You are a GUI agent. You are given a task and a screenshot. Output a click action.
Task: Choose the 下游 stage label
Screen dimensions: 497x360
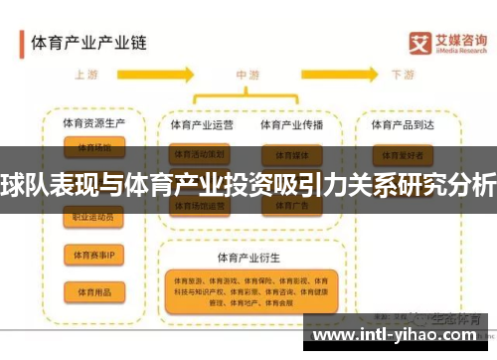(x=403, y=75)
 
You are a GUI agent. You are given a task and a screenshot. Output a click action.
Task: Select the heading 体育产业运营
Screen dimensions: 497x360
(x=202, y=125)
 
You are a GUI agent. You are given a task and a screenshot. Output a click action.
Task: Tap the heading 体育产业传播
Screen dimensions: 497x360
(x=291, y=125)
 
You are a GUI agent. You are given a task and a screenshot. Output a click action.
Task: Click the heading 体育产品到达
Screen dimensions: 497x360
(x=402, y=125)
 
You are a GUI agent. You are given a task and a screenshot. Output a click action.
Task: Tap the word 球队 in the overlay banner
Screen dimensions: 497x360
(x=20, y=183)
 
